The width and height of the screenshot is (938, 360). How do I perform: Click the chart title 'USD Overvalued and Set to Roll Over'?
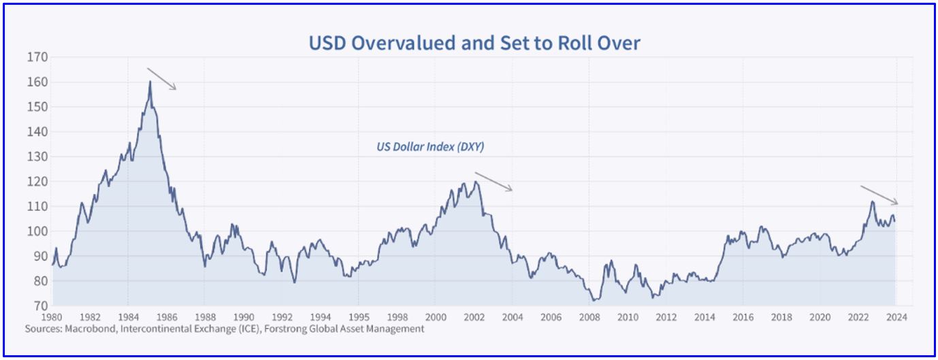coord(474,44)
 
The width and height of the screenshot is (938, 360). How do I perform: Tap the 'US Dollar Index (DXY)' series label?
coord(430,146)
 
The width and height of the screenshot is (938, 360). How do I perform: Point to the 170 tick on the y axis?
coord(38,57)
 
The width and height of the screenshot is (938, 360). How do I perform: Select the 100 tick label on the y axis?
coord(38,231)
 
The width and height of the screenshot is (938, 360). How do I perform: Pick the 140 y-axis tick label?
coord(38,132)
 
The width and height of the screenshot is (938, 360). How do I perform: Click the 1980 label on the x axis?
coord(52,317)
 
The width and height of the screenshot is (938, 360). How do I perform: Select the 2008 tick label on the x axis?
coord(589,317)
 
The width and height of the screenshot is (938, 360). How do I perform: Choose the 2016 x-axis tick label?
coord(743,317)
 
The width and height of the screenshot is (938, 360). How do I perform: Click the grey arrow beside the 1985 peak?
coord(162,79)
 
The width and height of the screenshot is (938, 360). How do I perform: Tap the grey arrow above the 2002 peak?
coord(494,182)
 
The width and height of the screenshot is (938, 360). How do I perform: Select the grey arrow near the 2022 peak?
coord(879,195)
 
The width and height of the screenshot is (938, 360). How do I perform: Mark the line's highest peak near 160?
coord(150,82)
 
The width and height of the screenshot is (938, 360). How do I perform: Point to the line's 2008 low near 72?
coord(594,299)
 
